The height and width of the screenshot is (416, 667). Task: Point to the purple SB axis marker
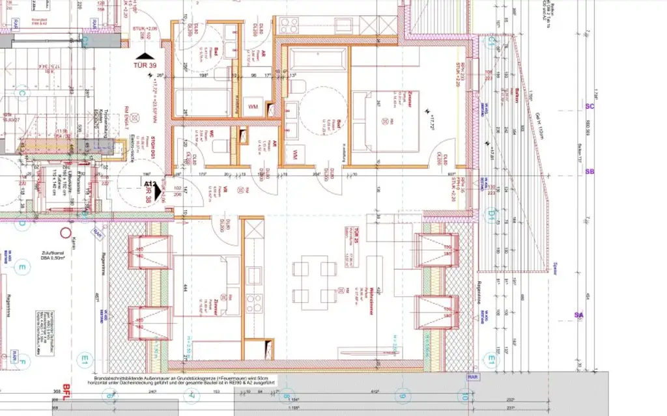coord(590,172)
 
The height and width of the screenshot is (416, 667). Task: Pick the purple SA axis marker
coord(578,315)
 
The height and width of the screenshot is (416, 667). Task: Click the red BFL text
coord(66,387)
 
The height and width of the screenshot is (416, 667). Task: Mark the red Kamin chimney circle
coord(64,232)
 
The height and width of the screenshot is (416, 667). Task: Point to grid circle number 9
coord(402,395)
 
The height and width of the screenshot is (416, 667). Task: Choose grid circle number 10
coord(464,395)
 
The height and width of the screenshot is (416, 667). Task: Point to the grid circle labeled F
coord(21,362)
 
